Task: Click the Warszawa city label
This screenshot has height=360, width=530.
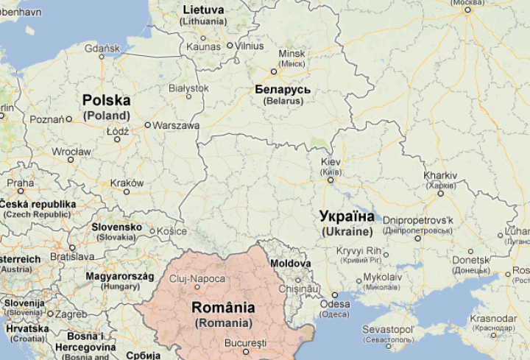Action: coord(177,125)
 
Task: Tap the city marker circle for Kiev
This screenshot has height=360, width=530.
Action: coord(331,179)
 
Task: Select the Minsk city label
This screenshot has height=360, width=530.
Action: coord(291,54)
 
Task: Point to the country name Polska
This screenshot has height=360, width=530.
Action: coord(106,99)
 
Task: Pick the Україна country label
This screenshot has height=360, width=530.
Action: coord(347,216)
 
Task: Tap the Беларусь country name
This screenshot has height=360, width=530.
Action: coord(282,90)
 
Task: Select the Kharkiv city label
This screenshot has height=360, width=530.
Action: coord(440,175)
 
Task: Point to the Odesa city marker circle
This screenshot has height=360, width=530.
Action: coord(326,295)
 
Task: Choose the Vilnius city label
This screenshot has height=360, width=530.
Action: coord(250,46)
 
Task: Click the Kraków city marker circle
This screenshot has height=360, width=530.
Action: coord(127,192)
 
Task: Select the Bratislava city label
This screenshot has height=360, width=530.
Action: coord(72,257)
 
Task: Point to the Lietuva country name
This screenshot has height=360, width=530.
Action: coord(202,10)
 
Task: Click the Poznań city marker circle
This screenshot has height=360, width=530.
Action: coord(69,119)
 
